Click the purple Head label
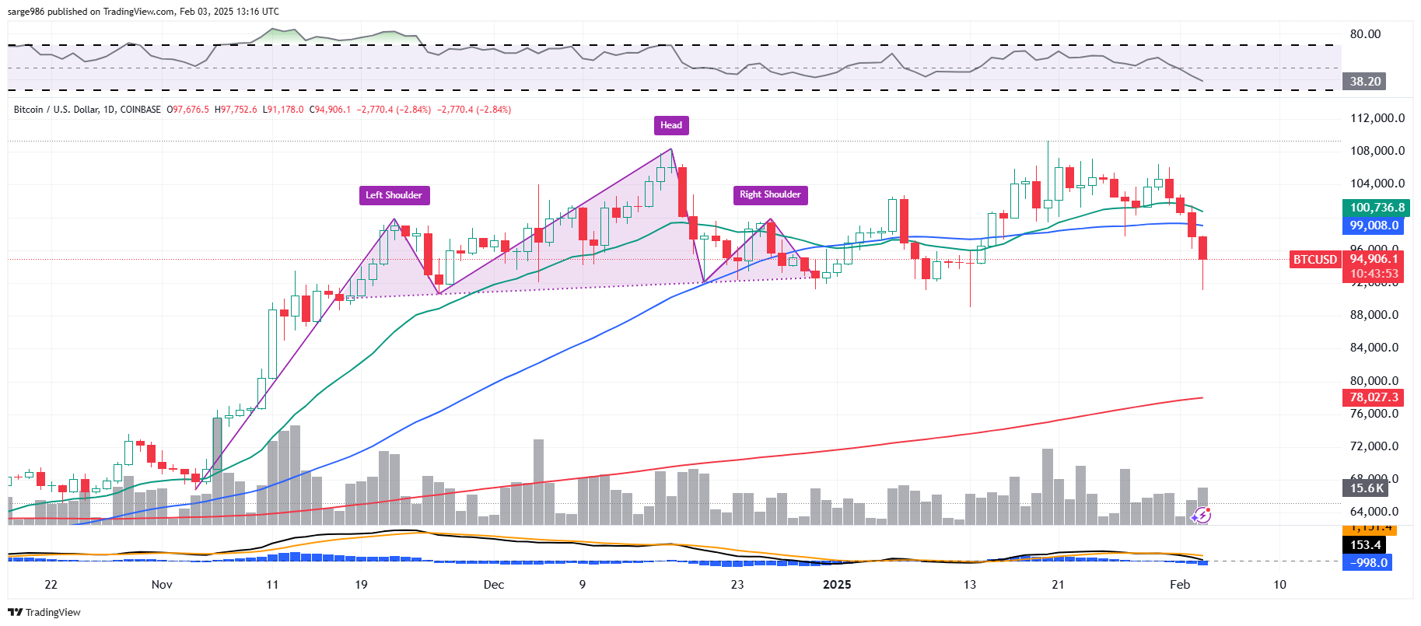[x=670, y=125]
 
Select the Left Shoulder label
[x=394, y=195]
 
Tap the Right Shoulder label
[x=770, y=194]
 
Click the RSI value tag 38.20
[x=1365, y=81]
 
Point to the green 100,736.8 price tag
[x=1377, y=208]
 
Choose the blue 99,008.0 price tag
[x=1374, y=226]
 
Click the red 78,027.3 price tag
[x=1374, y=397]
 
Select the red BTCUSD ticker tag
[x=1314, y=260]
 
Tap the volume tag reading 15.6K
[x=1366, y=488]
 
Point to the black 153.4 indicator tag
[x=1365, y=545]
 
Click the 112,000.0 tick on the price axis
[x=1377, y=118]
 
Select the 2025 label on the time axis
[x=837, y=585]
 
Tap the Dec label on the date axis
[x=493, y=585]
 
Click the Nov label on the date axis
[x=162, y=585]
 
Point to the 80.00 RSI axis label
[x=1365, y=34]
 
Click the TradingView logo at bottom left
[x=44, y=612]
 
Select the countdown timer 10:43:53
[x=1374, y=274]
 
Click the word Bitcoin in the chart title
[x=29, y=110]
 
